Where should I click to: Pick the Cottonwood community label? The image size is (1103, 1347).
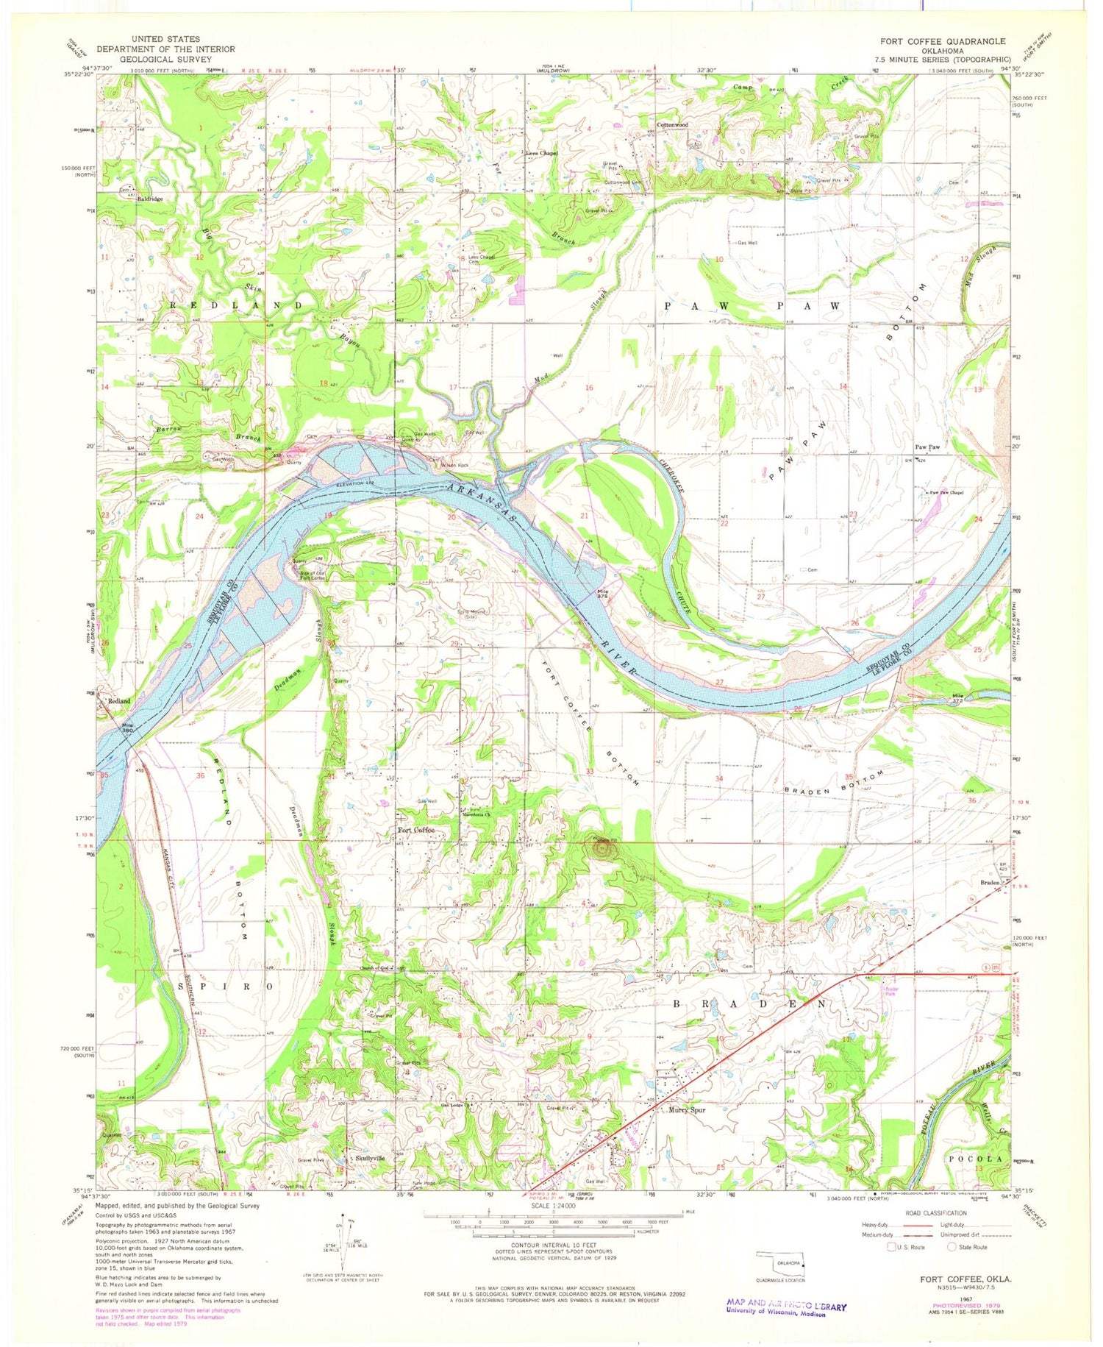(671, 125)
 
